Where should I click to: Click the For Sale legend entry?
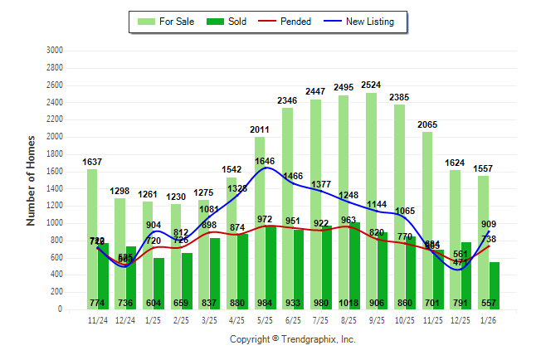click(x=168, y=22)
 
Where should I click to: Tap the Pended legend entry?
click(x=286, y=22)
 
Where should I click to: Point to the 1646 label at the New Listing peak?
click(x=265, y=161)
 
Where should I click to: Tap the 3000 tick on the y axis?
click(x=55, y=51)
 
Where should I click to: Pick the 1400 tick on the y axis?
click(x=55, y=188)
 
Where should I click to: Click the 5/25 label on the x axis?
click(x=266, y=319)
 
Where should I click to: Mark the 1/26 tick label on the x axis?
click(x=489, y=319)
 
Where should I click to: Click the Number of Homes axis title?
click(x=31, y=180)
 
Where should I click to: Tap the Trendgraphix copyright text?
click(x=292, y=339)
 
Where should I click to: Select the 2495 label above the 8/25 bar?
click(x=344, y=88)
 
